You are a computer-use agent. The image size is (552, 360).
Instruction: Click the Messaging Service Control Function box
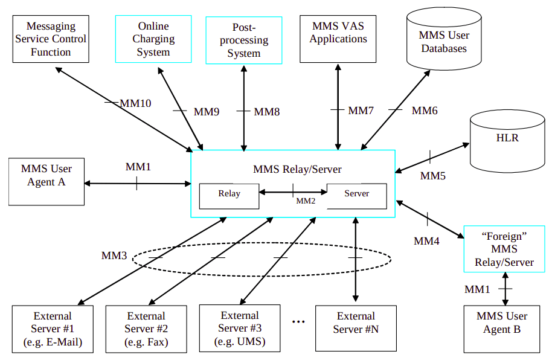point(51,39)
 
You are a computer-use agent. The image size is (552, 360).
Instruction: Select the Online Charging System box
point(153,39)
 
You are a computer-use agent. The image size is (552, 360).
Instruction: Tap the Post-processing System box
point(243,40)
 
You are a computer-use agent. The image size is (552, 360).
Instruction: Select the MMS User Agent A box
point(47,182)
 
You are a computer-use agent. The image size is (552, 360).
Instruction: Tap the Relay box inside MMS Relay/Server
point(229,195)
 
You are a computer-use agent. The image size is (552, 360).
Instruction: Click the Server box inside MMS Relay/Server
point(356,195)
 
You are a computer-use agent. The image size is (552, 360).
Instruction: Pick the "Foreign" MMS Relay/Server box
point(504,249)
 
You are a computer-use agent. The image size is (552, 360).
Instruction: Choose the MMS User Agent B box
point(501,329)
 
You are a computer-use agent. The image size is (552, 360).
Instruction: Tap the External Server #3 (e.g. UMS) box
point(240,328)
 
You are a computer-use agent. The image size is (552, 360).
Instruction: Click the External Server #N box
point(356,328)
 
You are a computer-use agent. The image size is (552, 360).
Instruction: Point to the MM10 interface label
point(135,103)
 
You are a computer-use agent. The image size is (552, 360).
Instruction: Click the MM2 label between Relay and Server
point(306,201)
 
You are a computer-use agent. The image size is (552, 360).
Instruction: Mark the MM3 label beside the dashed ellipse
point(114,256)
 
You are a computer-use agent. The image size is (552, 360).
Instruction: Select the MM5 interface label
point(432,176)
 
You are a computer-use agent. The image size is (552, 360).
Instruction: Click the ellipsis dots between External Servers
point(298,322)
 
